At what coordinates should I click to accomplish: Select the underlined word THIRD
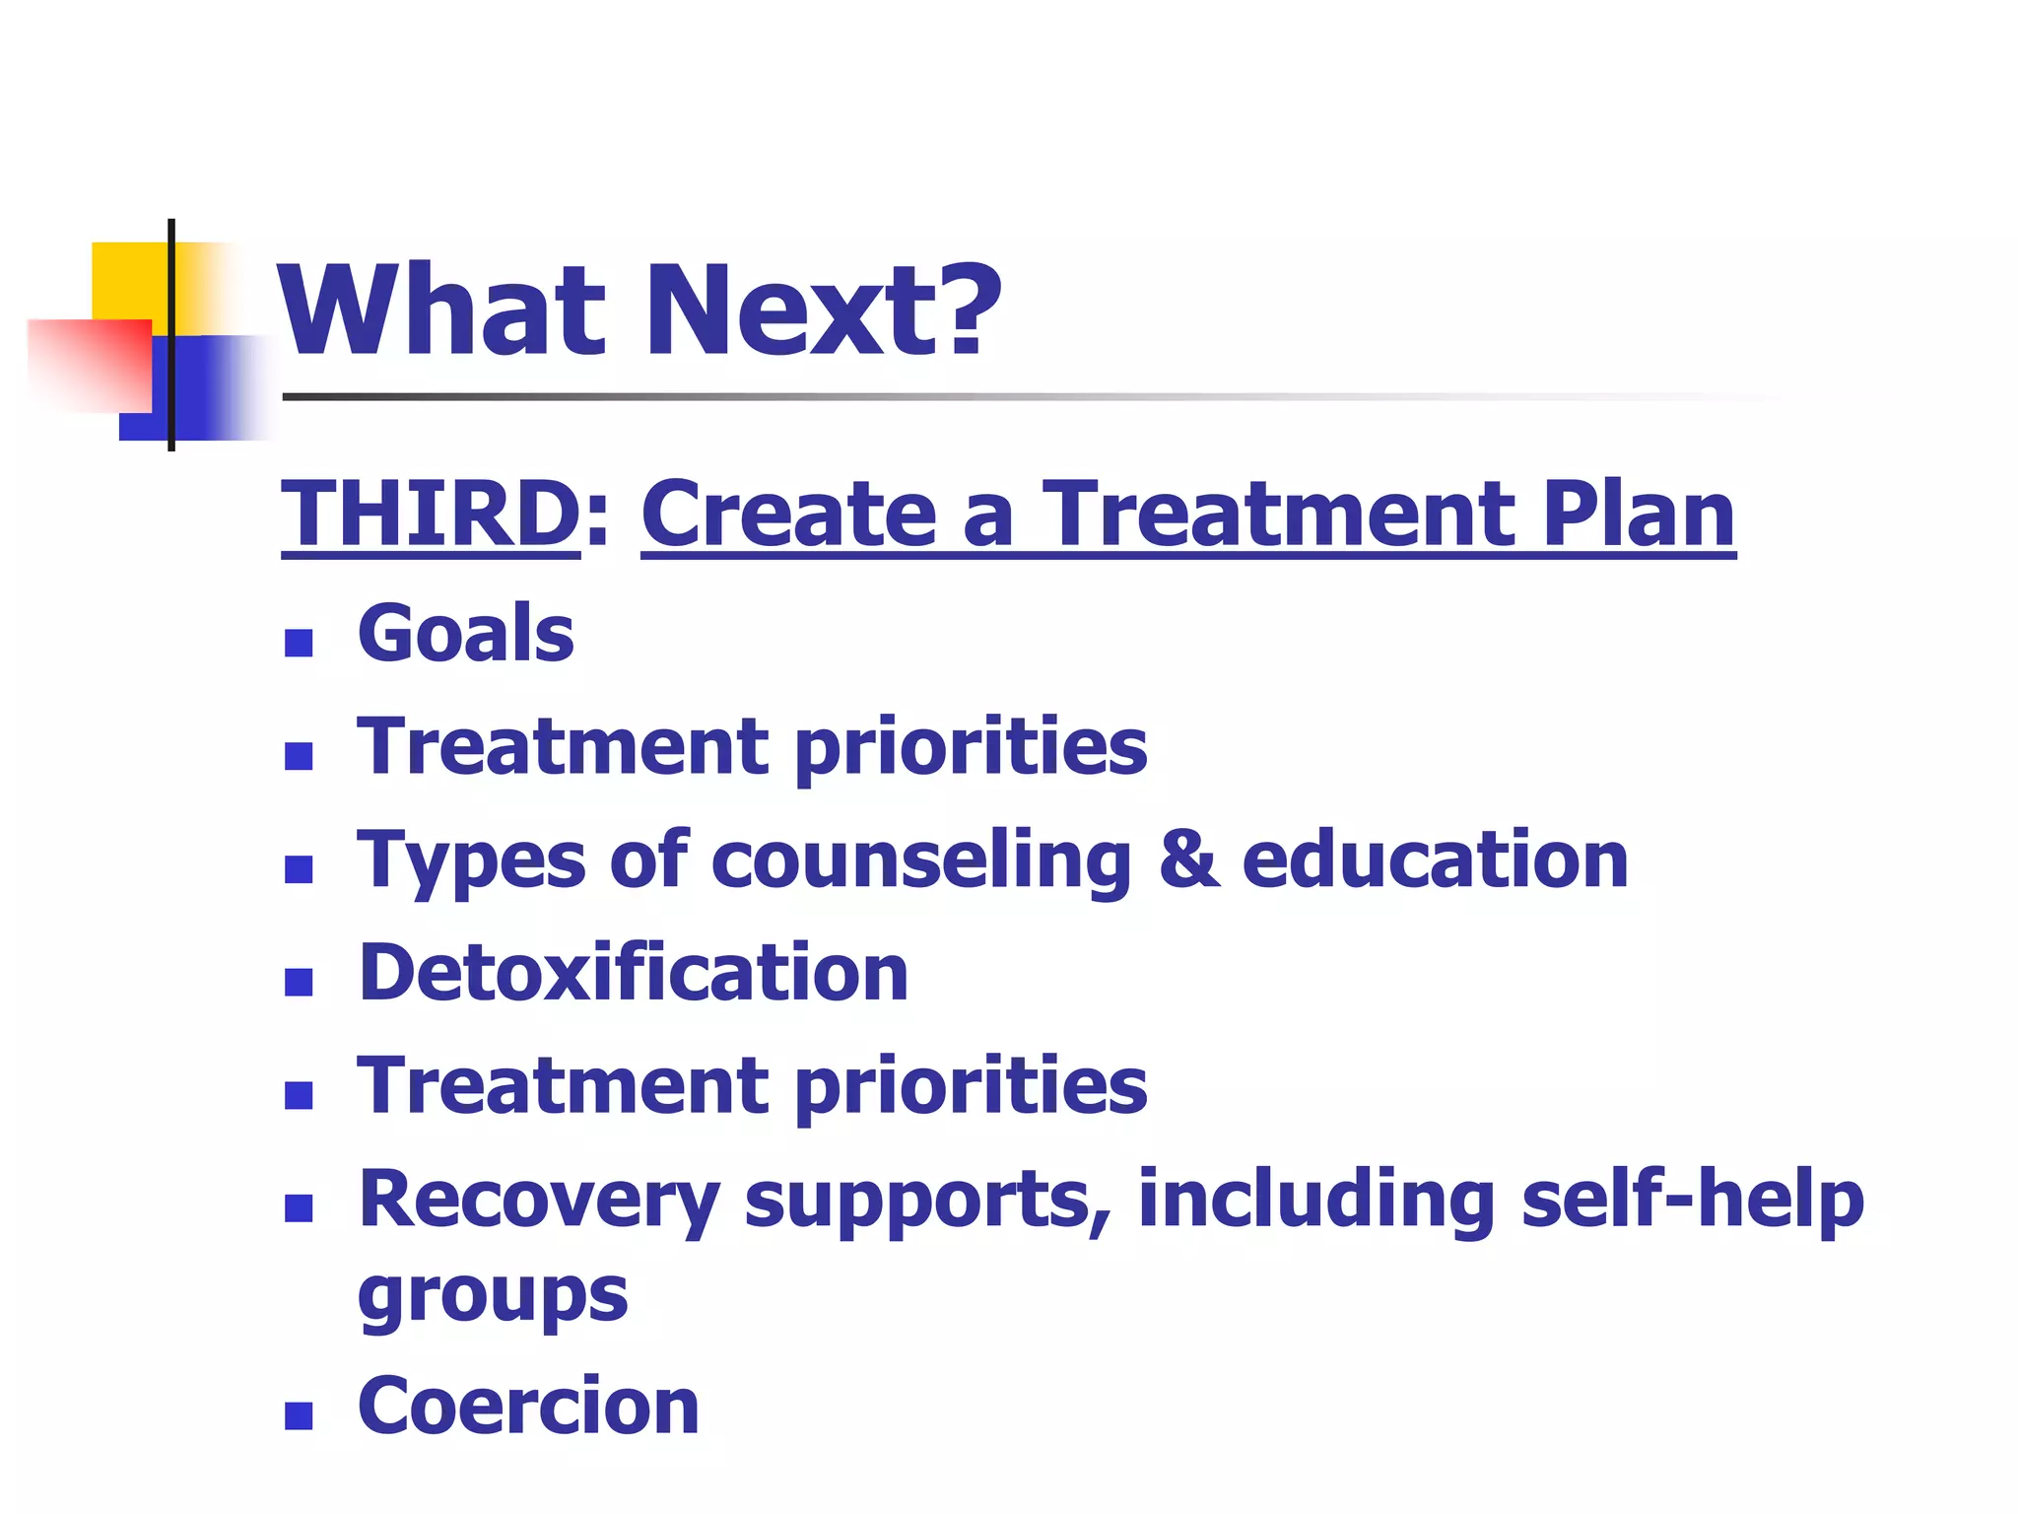(x=431, y=515)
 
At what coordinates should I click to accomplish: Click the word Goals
(x=465, y=633)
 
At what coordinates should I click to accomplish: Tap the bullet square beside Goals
(x=299, y=644)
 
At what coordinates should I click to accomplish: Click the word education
(x=1434, y=860)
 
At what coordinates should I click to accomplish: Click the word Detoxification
(x=633, y=973)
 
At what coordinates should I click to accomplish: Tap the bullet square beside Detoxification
(x=299, y=983)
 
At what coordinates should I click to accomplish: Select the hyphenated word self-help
(x=1692, y=1199)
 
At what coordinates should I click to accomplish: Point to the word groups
(x=492, y=1295)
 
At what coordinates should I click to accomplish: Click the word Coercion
(x=528, y=1406)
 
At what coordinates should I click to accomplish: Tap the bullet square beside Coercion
(x=299, y=1416)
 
